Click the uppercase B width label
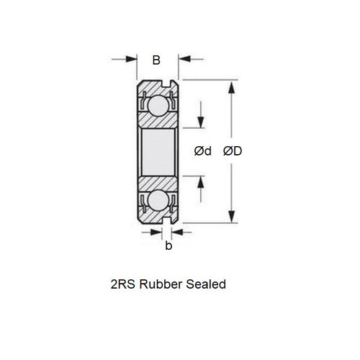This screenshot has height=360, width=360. (156, 60)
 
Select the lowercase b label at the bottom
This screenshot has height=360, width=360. (168, 246)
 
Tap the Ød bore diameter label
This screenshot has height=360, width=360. (203, 151)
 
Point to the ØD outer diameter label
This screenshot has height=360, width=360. (233, 151)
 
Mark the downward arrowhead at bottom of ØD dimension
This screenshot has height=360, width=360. (231, 216)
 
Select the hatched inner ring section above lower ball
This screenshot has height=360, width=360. (157, 181)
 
